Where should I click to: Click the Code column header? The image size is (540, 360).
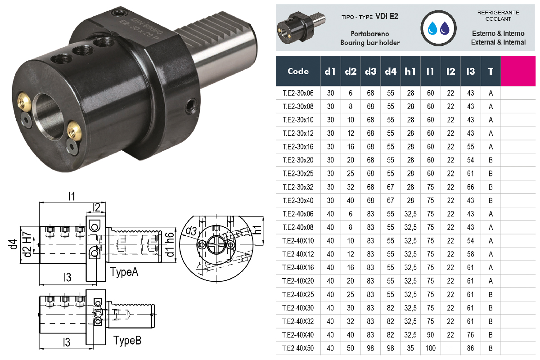(x=298, y=71)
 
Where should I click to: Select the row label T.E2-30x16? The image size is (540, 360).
(x=298, y=147)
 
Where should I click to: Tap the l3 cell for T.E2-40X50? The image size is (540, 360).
(x=470, y=348)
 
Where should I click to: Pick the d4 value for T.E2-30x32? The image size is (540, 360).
(x=390, y=187)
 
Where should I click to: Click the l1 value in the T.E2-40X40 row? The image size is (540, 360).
(x=430, y=334)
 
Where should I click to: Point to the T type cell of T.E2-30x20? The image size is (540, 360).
(x=490, y=160)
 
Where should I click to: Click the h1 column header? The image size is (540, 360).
(x=410, y=71)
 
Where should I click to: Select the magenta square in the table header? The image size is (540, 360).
(x=518, y=71)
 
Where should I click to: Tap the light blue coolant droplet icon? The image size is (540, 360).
(x=432, y=28)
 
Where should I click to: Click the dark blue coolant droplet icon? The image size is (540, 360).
(x=445, y=28)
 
